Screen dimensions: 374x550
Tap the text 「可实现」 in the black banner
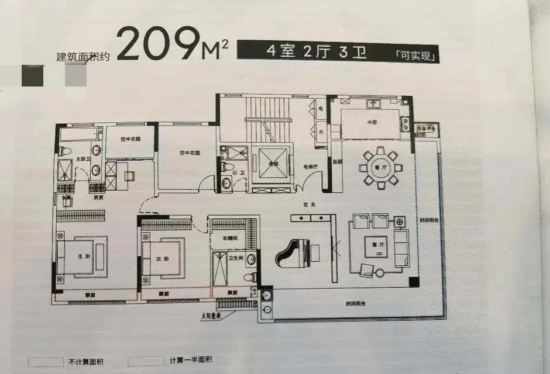(416, 56)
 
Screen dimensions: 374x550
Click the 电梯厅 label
(310, 167)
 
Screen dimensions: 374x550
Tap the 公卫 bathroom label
(238, 173)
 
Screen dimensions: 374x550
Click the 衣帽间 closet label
(229, 238)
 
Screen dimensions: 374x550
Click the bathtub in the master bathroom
(80, 136)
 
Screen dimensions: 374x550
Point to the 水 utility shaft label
(321, 131)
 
